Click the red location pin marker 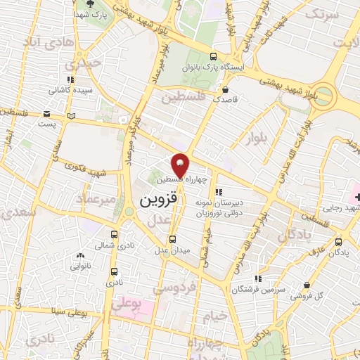[180, 164]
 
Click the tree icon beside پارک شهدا [88, 14]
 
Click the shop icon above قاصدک [225, 90]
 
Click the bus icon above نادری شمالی [115, 235]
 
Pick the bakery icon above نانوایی [81, 256]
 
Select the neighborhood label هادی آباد [59, 42]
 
